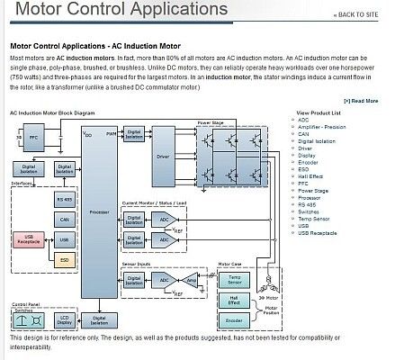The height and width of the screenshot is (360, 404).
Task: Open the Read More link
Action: pyautogui.click(x=360, y=101)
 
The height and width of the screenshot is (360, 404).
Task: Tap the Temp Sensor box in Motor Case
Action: pyautogui.click(x=234, y=280)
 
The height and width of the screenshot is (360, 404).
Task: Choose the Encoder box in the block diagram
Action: pyautogui.click(x=233, y=319)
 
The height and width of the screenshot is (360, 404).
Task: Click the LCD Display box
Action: pyautogui.click(x=65, y=320)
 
